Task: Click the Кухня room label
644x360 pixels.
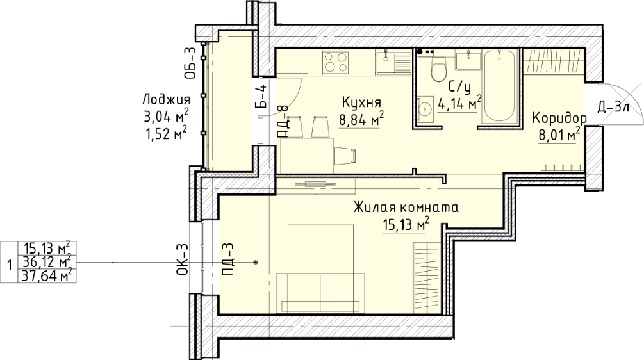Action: [361, 102]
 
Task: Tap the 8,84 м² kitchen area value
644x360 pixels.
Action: [361, 119]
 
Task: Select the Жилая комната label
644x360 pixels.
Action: [406, 207]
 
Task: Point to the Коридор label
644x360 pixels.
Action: [559, 119]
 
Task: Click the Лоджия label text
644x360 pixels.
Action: [167, 100]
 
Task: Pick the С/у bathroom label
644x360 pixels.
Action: [459, 86]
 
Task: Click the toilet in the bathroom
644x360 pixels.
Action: [439, 69]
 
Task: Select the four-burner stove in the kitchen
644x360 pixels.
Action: [335, 62]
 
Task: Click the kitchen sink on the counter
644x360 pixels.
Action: [393, 63]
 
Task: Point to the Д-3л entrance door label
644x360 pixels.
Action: [613, 108]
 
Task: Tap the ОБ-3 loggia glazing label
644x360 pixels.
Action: [190, 63]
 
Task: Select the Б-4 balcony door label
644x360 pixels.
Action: [261, 95]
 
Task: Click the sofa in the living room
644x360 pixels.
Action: [320, 292]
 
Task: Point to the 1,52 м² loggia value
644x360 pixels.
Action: [167, 133]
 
